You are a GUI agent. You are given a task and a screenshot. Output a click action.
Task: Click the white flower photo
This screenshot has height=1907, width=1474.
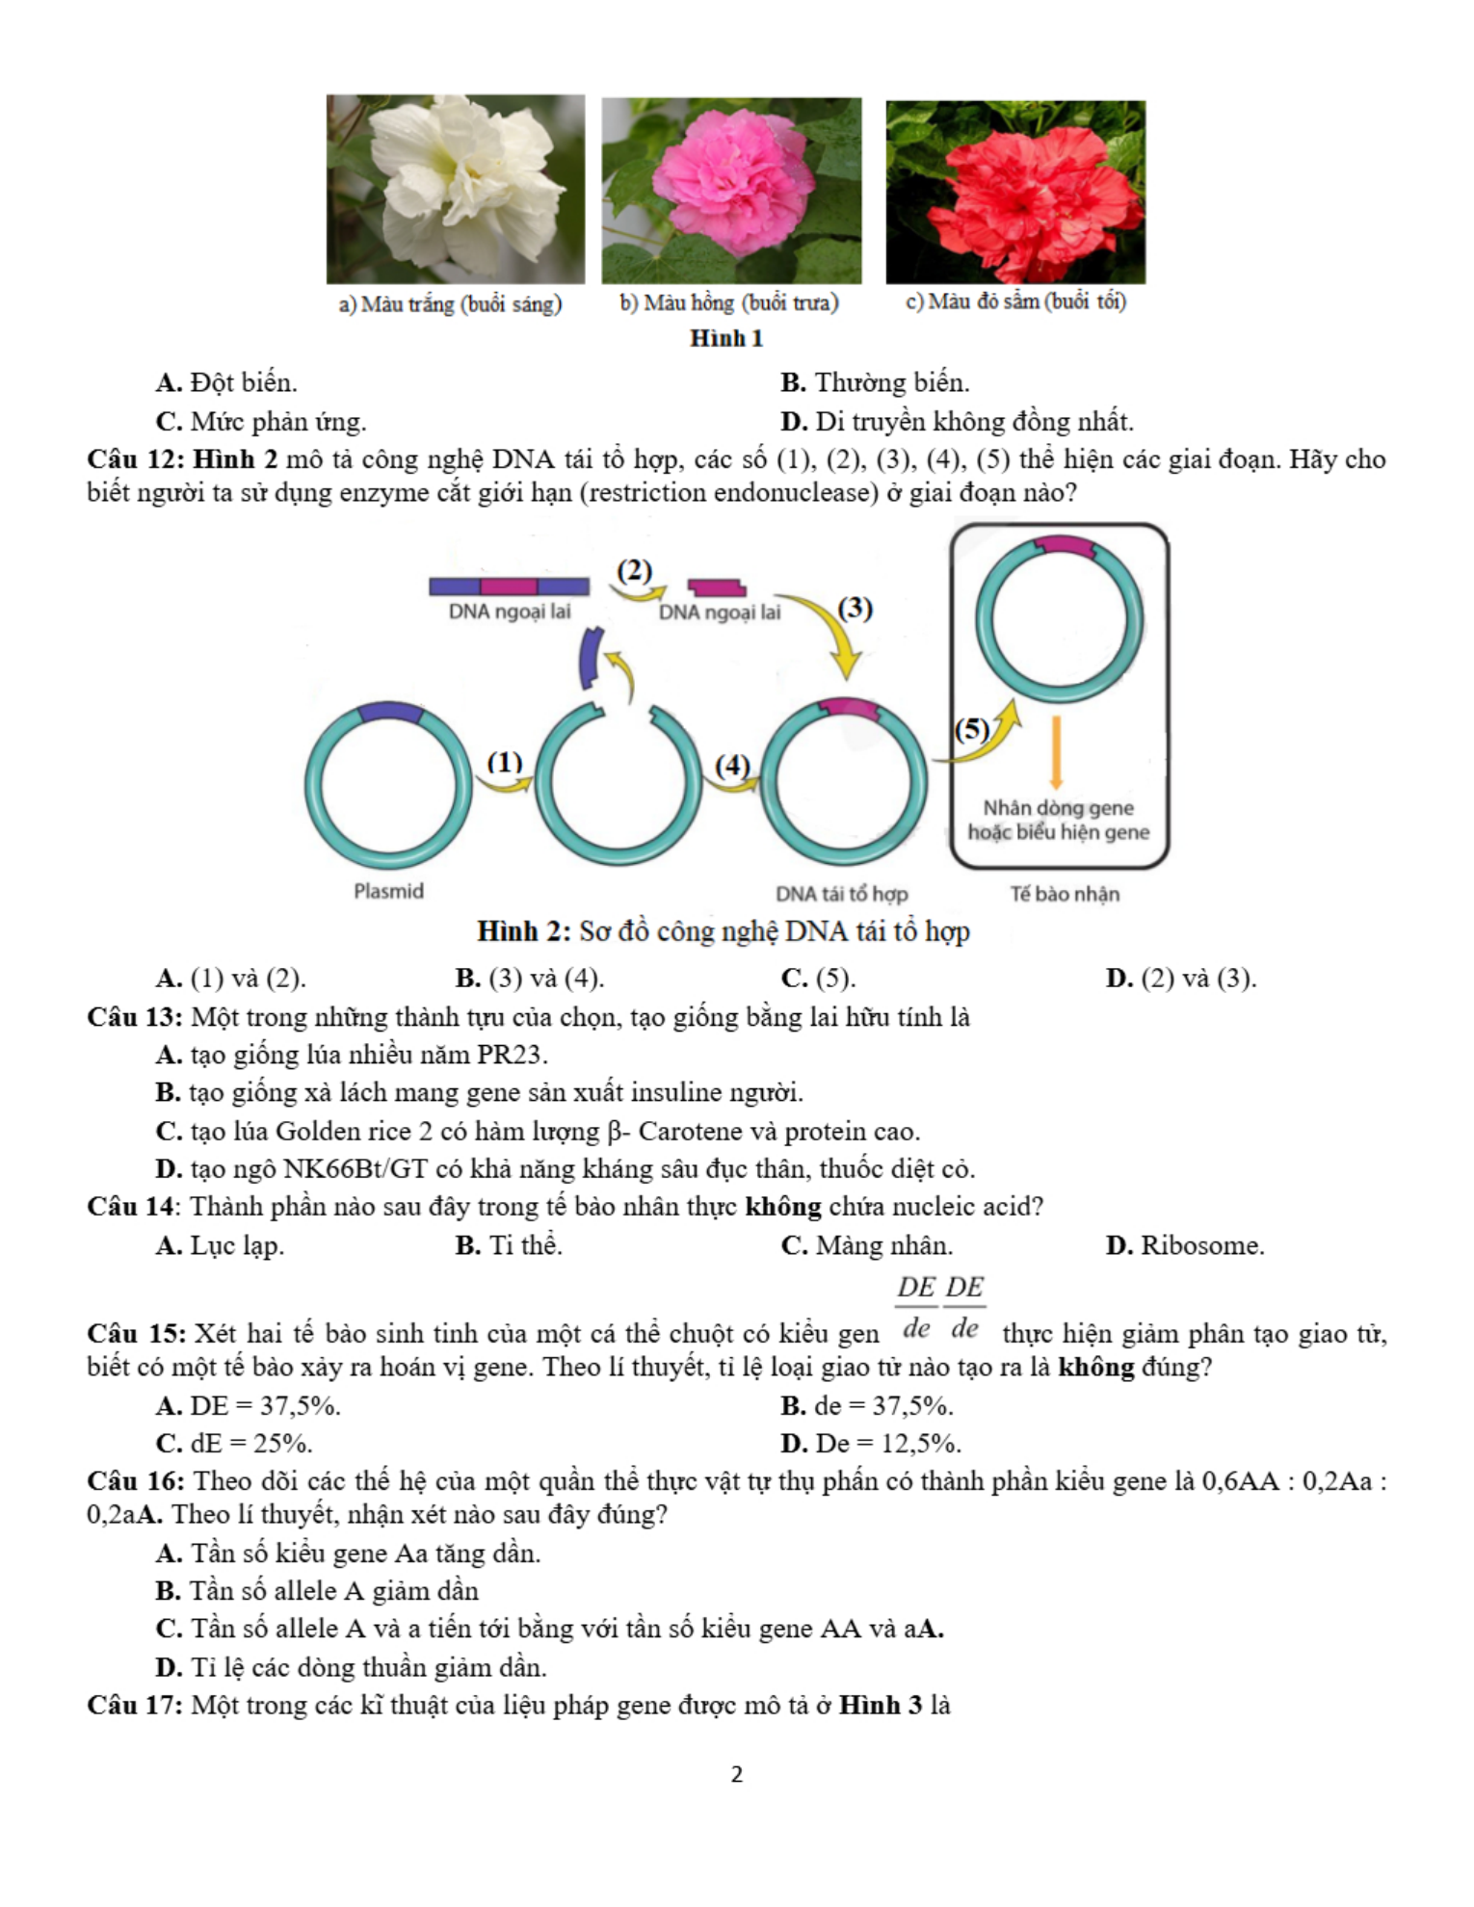click(x=455, y=189)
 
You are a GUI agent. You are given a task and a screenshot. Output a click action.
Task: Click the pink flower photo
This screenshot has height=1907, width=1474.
click(x=731, y=191)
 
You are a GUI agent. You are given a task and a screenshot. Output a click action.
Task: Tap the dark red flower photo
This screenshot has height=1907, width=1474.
click(x=1015, y=192)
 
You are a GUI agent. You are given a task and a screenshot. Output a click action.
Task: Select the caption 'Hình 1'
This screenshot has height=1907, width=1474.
click(x=726, y=338)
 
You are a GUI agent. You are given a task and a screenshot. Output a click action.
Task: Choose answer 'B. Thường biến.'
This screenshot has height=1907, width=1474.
click(x=875, y=383)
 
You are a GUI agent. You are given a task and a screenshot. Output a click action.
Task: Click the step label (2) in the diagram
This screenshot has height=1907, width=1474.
click(x=634, y=571)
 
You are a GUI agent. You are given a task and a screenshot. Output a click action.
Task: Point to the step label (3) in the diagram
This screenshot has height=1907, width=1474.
click(x=855, y=609)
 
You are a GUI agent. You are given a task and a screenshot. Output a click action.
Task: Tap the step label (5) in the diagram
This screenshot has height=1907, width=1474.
click(x=971, y=729)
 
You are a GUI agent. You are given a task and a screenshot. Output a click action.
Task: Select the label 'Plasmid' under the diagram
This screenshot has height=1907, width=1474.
click(x=388, y=891)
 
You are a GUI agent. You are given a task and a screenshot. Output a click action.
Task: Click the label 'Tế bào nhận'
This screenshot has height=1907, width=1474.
click(x=1065, y=894)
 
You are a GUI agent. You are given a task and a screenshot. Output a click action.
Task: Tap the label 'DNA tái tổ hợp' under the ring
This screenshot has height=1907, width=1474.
click(x=841, y=894)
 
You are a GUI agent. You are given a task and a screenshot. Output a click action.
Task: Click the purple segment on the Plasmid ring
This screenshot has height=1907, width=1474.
click(x=389, y=712)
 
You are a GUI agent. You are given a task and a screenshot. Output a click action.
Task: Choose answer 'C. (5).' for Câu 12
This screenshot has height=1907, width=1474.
click(x=818, y=979)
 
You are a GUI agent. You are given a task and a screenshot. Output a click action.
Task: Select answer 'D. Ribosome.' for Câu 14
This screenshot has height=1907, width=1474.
click(x=1185, y=1245)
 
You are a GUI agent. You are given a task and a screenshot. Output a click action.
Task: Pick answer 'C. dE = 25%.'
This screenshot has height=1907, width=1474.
click(x=234, y=1444)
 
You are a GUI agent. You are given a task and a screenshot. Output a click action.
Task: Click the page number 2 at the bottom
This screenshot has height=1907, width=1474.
click(x=737, y=1774)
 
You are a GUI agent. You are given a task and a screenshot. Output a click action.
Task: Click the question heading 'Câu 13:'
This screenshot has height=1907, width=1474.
click(x=135, y=1017)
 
